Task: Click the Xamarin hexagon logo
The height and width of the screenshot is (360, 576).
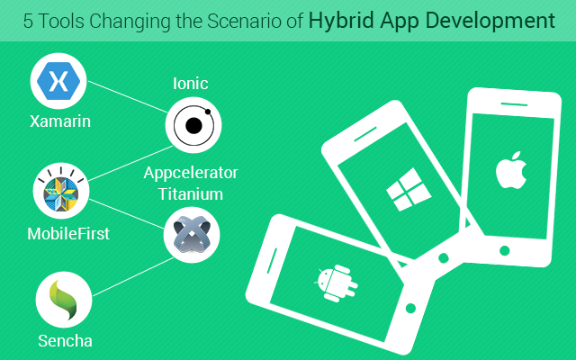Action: click(x=58, y=81)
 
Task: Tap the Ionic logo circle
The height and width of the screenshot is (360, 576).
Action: click(x=193, y=125)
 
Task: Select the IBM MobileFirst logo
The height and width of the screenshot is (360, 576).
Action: click(x=61, y=191)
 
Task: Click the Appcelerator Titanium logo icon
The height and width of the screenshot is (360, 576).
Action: click(x=192, y=235)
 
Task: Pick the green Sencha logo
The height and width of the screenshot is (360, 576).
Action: click(x=64, y=300)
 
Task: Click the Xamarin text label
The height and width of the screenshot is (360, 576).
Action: click(x=60, y=121)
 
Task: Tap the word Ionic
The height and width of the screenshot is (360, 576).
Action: click(x=190, y=84)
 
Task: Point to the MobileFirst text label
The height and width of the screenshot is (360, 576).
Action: click(x=68, y=234)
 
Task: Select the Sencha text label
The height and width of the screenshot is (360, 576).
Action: click(x=65, y=341)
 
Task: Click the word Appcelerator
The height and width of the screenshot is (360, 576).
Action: click(x=191, y=173)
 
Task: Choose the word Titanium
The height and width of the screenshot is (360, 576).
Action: click(x=191, y=194)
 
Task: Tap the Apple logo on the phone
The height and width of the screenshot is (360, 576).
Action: click(x=511, y=170)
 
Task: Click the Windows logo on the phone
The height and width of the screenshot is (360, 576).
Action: click(x=409, y=189)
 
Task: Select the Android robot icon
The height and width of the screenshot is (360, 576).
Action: click(x=336, y=283)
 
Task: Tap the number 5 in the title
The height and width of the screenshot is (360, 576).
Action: click(x=28, y=22)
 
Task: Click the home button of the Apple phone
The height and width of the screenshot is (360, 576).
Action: click(x=505, y=250)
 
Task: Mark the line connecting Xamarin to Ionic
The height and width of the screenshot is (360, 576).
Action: click(x=128, y=96)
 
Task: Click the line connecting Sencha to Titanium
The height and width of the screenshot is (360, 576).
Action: click(x=133, y=276)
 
